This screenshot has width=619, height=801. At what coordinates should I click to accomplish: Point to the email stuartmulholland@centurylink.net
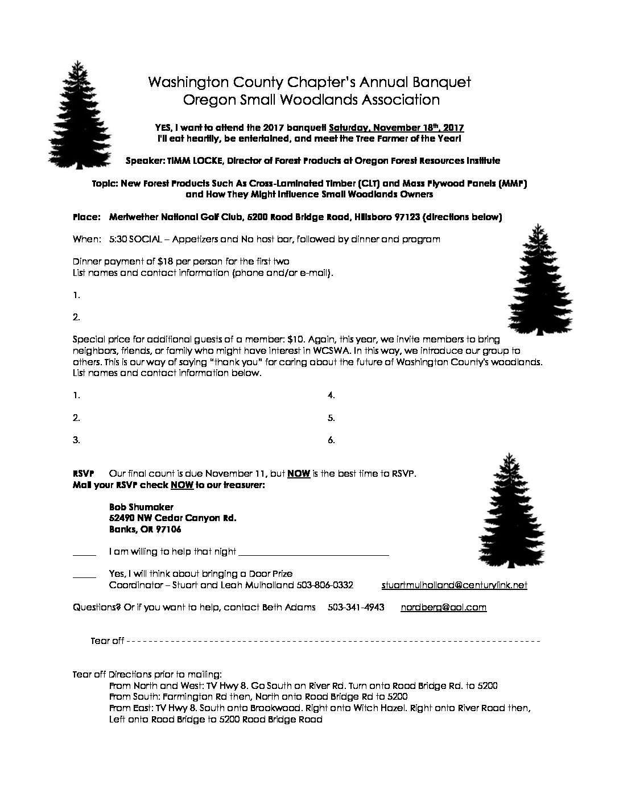pos(454,585)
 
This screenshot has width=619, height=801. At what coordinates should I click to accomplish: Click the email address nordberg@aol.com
pos(443,607)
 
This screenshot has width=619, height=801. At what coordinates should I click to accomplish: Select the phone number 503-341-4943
pos(356,607)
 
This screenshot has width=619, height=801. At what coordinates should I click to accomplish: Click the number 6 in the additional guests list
pos(331,440)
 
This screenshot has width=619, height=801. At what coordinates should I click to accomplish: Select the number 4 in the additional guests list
pos(331,395)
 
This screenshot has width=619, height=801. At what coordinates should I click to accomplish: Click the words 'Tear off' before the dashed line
pos(107,641)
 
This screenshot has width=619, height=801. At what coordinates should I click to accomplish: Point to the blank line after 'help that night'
pos(313,552)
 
